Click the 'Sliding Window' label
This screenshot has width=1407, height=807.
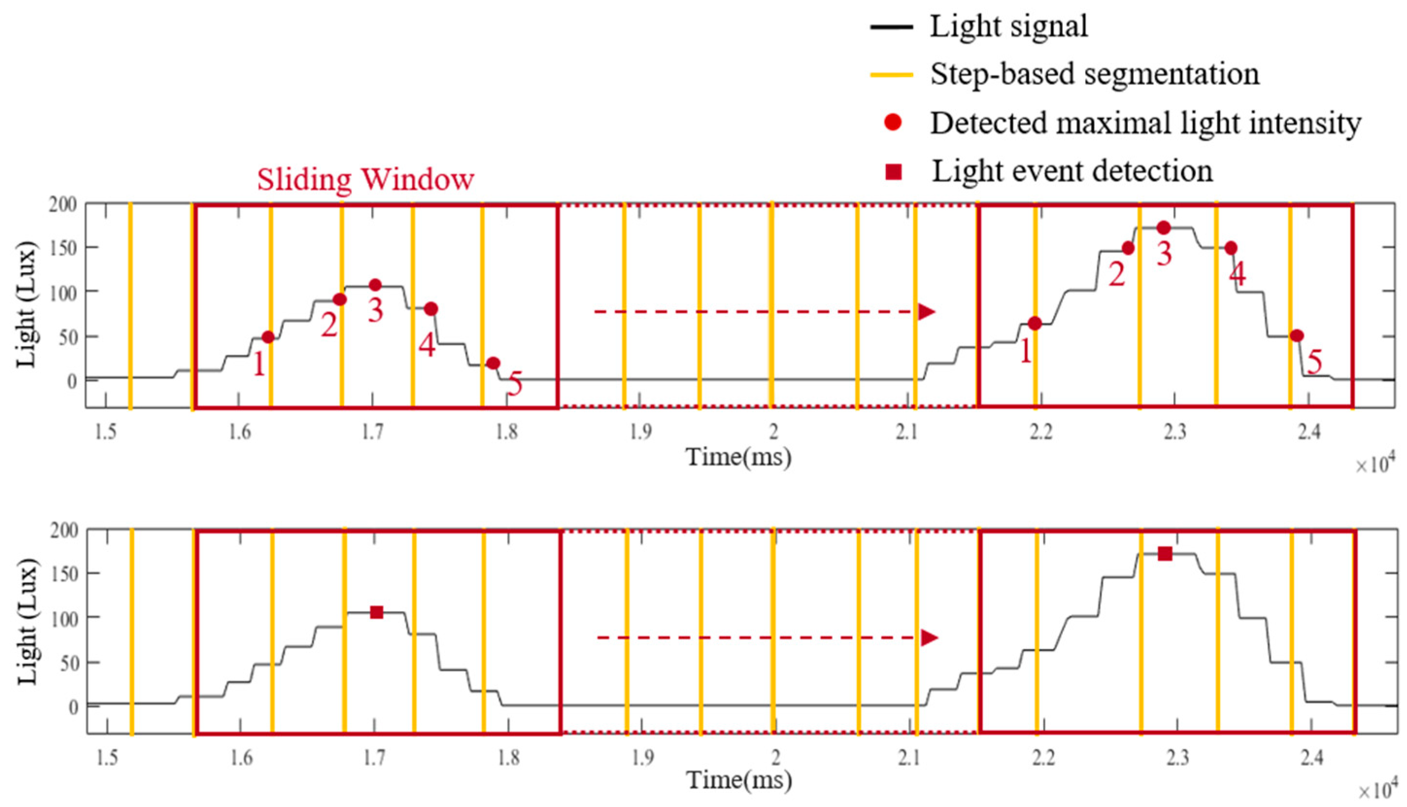tap(365, 180)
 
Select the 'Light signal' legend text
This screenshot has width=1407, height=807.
tap(1008, 26)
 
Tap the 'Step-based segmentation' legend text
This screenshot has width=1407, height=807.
tap(1094, 74)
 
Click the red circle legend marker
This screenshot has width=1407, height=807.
tap(893, 122)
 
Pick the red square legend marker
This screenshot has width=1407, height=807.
tap(893, 172)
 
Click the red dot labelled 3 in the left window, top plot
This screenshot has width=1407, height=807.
tap(375, 285)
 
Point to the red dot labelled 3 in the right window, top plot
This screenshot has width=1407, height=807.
tap(1164, 227)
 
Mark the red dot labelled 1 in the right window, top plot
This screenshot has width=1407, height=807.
tap(1034, 323)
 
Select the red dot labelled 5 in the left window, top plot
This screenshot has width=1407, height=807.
tap(493, 363)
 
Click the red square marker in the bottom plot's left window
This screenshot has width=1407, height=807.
tap(377, 612)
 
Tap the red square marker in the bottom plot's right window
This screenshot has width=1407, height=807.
tap(1165, 553)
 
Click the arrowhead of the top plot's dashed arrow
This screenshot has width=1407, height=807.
tap(926, 312)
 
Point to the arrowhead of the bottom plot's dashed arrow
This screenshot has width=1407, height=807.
tap(929, 638)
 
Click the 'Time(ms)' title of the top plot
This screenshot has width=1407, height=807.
tap(738, 457)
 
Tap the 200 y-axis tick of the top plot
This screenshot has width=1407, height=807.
tap(63, 205)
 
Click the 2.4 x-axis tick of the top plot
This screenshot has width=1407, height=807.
tap(1309, 431)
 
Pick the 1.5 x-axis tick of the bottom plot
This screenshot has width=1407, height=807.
tap(107, 757)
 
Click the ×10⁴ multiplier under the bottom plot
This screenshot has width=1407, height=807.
tap(1374, 790)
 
